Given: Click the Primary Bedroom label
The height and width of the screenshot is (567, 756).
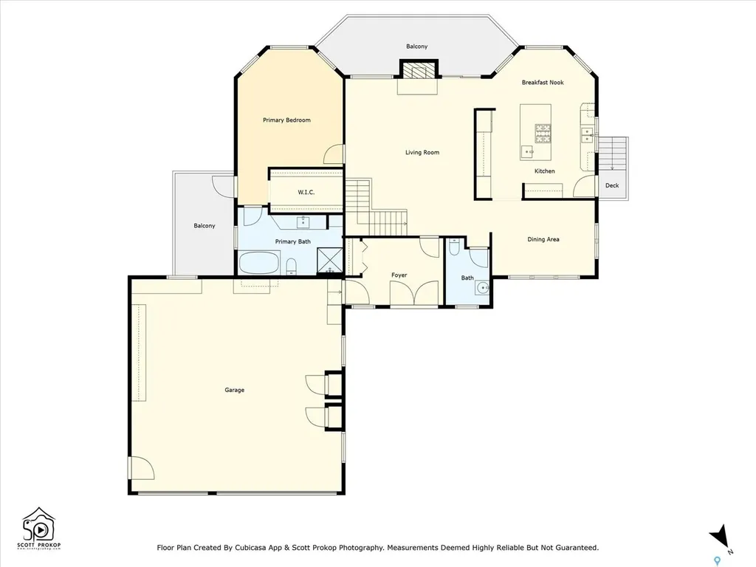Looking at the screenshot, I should [286, 120].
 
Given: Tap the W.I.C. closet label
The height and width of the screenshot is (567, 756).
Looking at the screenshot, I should [306, 193].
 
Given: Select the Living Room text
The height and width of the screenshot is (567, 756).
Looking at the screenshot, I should [422, 153].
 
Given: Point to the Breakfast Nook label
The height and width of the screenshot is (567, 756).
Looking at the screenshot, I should [542, 83].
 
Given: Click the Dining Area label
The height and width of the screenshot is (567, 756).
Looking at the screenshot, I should [543, 239].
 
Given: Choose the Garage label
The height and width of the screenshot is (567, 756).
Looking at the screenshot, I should [235, 390].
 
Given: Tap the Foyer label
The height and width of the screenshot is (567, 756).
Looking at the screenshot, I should [399, 275].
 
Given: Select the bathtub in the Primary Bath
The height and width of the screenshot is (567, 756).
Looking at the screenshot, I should [259, 263].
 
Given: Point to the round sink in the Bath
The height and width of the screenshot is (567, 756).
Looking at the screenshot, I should [482, 289].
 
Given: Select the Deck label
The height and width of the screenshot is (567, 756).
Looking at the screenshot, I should [612, 185].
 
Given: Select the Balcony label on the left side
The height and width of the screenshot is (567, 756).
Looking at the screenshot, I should [204, 226].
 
